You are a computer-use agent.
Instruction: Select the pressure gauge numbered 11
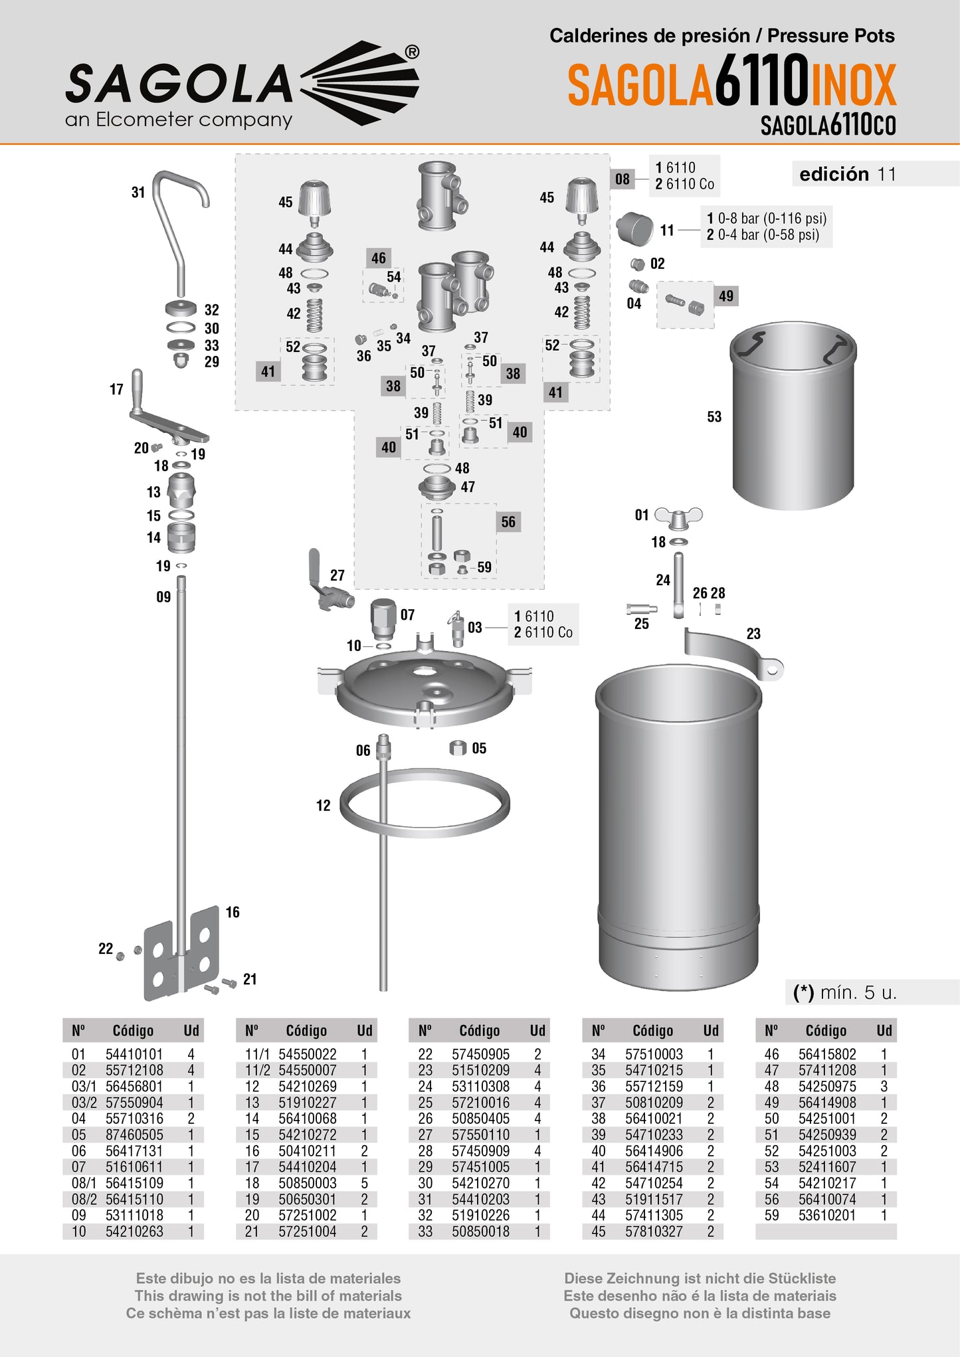tap(635, 228)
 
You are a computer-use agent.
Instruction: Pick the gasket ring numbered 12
tap(425, 803)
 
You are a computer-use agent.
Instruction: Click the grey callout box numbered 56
tap(508, 522)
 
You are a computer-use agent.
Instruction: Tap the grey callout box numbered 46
tap(378, 258)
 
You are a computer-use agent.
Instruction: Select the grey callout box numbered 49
tap(726, 296)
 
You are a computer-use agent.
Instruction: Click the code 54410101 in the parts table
tap(134, 1054)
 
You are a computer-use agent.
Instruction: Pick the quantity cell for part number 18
tap(364, 1183)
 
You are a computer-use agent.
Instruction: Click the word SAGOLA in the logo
tap(178, 84)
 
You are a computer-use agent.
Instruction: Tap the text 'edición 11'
tap(848, 174)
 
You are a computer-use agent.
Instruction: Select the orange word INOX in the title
tap(853, 85)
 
